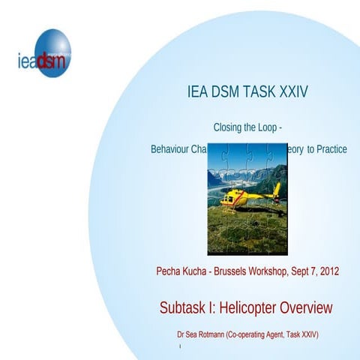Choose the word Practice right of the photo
click(x=332, y=149)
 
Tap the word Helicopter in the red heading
click(x=250, y=307)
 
